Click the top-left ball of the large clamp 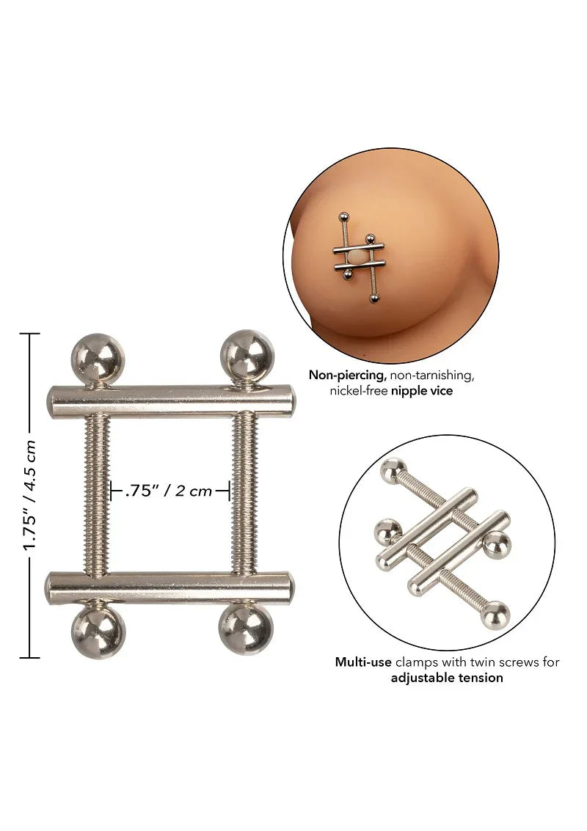point(98,357)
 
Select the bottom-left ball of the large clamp point(98,633)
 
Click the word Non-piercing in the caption point(347,375)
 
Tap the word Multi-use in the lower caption point(364,662)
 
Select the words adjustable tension point(447,678)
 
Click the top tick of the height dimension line point(29,334)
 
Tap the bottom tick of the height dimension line point(29,658)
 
